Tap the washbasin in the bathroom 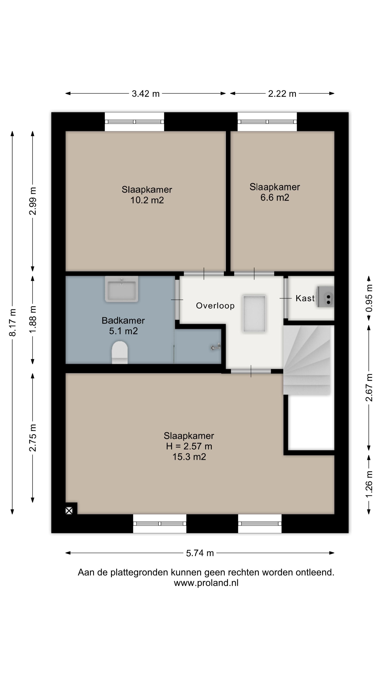pos(122,289)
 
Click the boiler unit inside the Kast pos(325,297)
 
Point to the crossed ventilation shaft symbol pos(69,511)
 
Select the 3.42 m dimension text pos(145,94)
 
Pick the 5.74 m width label pos(200,553)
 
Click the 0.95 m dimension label pos(369,298)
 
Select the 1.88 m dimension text pos(33,320)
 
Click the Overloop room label pos(215,306)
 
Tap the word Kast pos(305,298)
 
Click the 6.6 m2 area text pos(275,197)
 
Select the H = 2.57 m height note pos(189,446)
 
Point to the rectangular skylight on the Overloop pos(254,313)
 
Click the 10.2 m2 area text pos(147,200)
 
